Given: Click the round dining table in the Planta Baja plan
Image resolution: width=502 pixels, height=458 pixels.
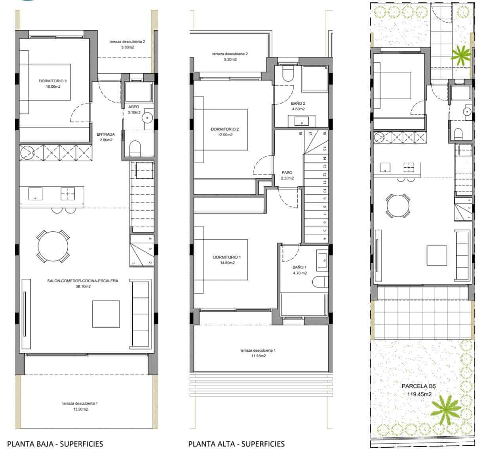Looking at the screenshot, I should click(x=53, y=246).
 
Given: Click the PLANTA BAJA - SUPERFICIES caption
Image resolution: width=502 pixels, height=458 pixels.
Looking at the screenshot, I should click(x=55, y=443).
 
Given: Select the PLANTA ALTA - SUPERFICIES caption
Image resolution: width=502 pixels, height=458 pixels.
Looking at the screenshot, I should click(x=236, y=443).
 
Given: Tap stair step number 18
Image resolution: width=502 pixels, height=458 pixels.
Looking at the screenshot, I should click(x=300, y=134).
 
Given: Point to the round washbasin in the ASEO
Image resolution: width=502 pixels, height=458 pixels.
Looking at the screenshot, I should click(x=148, y=117).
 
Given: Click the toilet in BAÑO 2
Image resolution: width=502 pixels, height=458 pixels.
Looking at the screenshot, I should click(x=288, y=74).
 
